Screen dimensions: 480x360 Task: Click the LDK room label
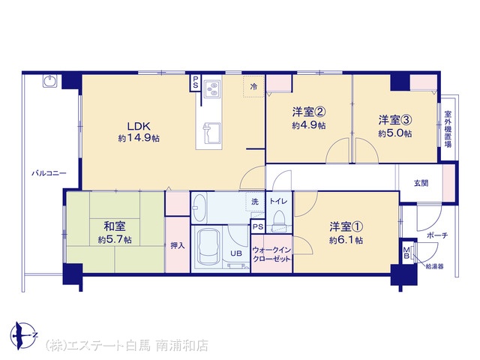[139, 126]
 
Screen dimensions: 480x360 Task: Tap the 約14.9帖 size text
[139, 138]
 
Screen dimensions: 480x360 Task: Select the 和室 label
[115, 226]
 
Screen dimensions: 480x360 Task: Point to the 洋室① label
[346, 226]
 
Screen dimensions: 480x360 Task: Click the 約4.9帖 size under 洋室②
[308, 125]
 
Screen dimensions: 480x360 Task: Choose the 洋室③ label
[395, 120]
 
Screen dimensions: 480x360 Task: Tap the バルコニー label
[49, 173]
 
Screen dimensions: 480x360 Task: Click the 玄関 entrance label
[421, 183]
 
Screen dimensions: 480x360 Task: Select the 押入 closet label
[178, 245]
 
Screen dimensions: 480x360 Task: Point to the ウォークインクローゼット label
[271, 254]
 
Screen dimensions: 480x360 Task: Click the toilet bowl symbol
[279, 219]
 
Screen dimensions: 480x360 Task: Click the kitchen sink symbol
[211, 133]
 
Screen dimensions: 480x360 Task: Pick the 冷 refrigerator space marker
[253, 87]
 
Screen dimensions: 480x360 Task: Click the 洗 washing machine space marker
[255, 202]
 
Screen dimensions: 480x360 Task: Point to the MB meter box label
[406, 253]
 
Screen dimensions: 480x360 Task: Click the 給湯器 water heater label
[434, 267]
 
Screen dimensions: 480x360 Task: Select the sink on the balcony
[49, 82]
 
